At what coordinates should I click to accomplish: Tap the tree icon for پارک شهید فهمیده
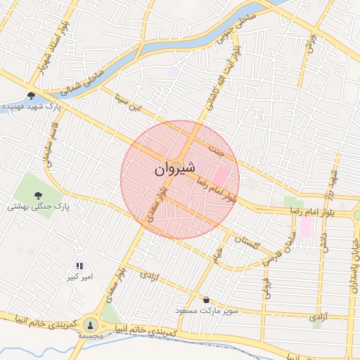click(31, 95)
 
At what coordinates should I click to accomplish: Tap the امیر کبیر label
click(80, 278)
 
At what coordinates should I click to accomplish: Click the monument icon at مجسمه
click(90, 324)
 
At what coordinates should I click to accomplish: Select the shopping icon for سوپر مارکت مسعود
click(206, 300)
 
